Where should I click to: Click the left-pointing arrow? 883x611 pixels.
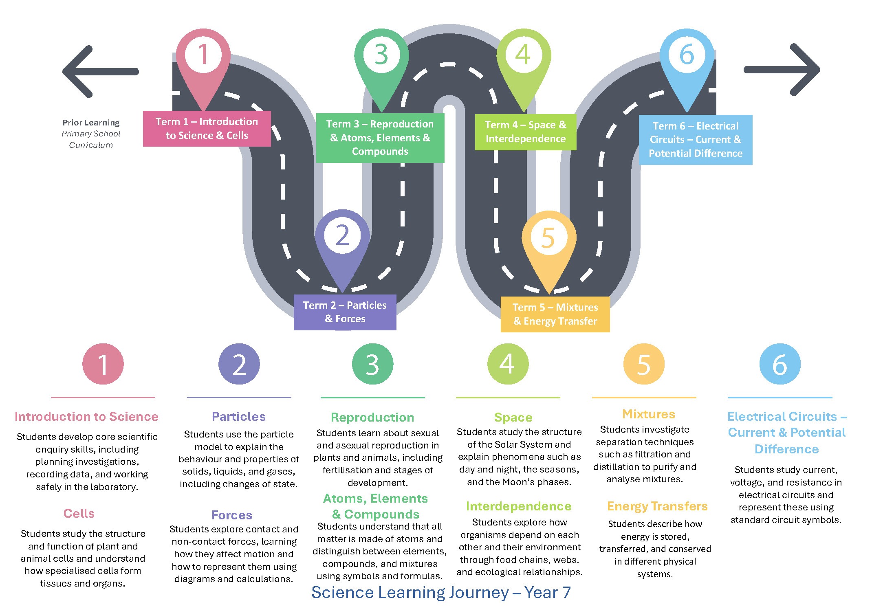click(100, 72)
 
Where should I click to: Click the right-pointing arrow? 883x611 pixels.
click(782, 70)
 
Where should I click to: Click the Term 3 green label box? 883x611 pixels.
click(380, 138)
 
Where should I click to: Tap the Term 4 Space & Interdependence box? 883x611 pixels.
click(525, 132)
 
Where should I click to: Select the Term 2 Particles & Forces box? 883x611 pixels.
click(345, 312)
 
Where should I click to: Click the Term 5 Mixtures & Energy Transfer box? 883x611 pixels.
click(555, 314)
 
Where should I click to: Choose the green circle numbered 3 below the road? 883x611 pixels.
click(372, 364)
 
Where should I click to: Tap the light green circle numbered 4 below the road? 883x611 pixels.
click(508, 364)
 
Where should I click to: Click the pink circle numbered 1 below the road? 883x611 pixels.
click(103, 364)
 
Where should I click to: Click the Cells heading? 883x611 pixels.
click(79, 513)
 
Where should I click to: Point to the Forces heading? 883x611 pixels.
click(232, 515)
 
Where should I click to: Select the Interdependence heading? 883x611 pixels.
click(519, 506)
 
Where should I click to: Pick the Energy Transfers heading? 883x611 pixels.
click(657, 506)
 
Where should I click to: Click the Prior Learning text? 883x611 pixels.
click(91, 123)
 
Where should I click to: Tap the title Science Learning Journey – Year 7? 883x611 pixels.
click(441, 592)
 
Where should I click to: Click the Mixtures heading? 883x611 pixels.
click(649, 414)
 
